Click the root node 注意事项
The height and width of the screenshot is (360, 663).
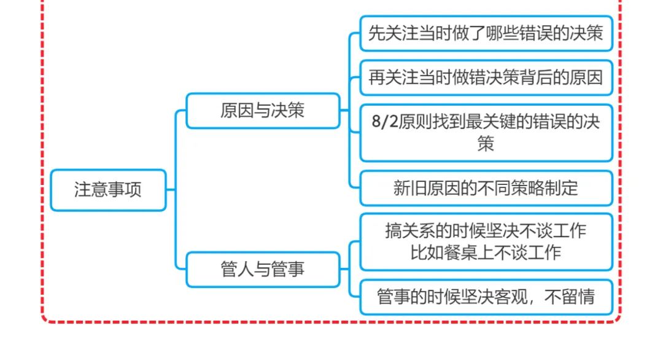click(x=108, y=190)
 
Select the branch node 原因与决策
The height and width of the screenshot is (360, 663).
click(x=263, y=111)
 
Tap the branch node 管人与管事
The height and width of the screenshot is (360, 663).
click(x=263, y=269)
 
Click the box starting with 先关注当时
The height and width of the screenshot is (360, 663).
click(x=486, y=33)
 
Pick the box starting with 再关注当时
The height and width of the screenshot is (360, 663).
click(x=486, y=77)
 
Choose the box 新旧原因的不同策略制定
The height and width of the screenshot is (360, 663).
click(x=486, y=188)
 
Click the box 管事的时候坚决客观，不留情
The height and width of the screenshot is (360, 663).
click(x=486, y=297)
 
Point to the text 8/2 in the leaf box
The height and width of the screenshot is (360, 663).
click(x=385, y=122)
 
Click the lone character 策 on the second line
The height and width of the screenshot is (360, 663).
click(x=486, y=144)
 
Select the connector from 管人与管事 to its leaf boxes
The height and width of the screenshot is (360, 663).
click(x=349, y=269)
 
